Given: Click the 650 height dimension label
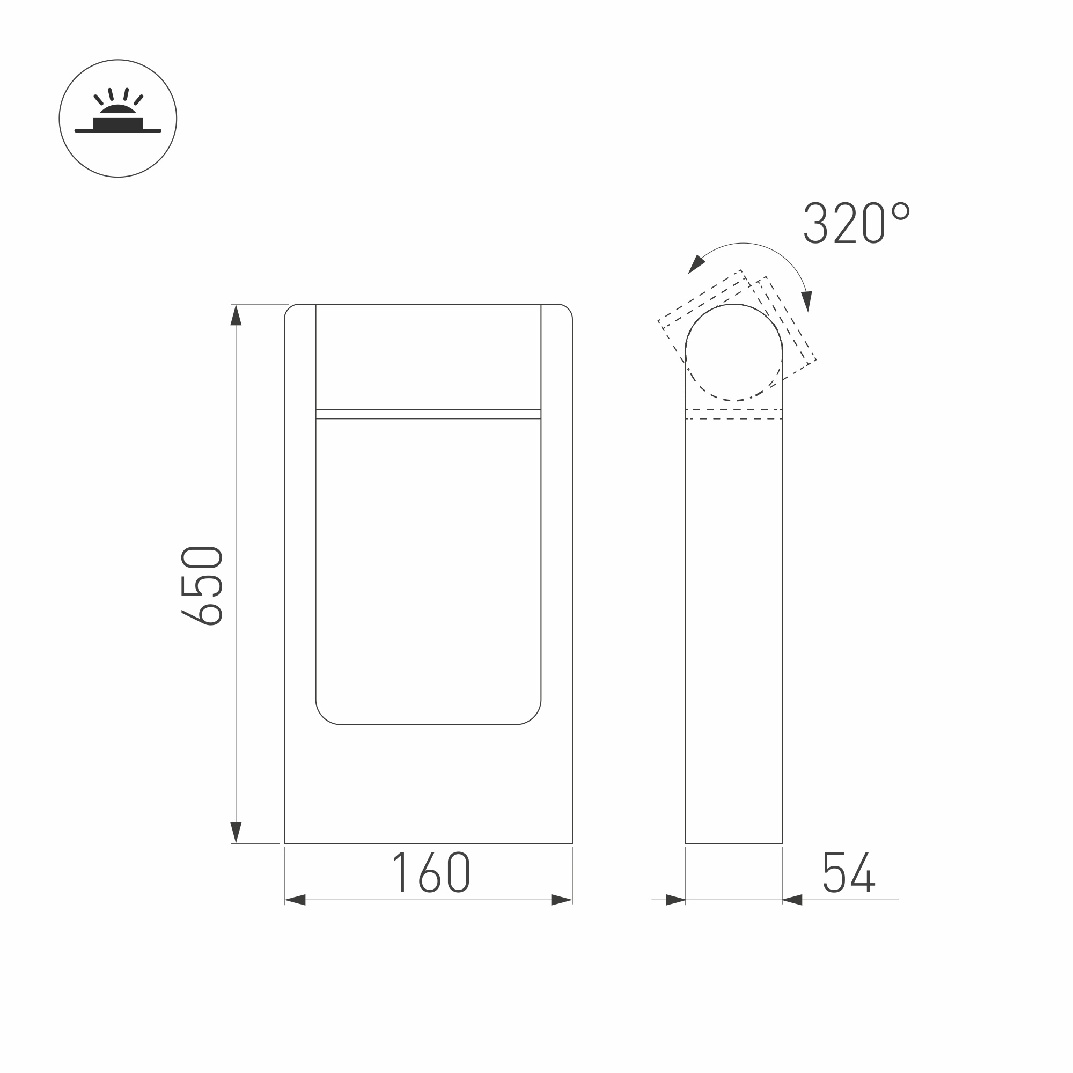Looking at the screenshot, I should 202,586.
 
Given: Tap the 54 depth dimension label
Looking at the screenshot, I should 849,872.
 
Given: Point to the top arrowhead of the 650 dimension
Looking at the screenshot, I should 236,315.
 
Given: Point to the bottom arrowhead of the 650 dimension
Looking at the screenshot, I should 236,832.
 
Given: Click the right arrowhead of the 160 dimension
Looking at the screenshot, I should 561,900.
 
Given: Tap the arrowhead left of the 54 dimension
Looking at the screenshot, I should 675,900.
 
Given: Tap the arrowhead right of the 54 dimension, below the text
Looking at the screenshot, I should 792,900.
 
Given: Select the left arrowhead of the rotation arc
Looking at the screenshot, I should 696,265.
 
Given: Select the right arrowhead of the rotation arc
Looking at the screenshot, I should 807,301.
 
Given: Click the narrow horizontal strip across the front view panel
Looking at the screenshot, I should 428,414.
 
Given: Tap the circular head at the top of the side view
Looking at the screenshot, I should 733,352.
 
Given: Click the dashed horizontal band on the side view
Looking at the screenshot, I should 733,414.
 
